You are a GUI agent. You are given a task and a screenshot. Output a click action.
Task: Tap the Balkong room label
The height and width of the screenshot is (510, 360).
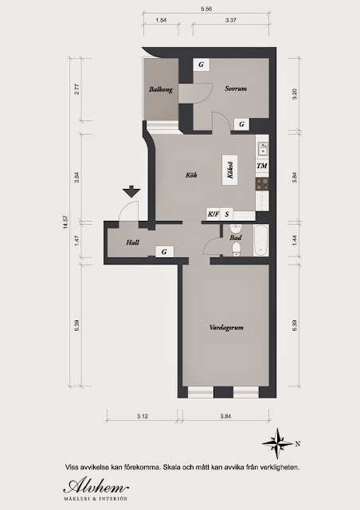pyautogui.click(x=160, y=90)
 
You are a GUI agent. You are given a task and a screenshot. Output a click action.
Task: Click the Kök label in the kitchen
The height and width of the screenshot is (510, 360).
pyautogui.click(x=190, y=175)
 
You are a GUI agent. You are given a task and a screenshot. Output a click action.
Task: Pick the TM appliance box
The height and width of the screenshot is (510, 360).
pyautogui.click(x=261, y=166)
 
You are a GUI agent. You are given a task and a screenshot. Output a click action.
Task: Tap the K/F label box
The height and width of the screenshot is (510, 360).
pyautogui.click(x=213, y=214)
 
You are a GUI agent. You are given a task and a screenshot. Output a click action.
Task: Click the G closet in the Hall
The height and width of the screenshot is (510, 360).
pyautogui.click(x=163, y=252)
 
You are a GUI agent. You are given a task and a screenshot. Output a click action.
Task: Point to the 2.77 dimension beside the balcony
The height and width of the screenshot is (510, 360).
pyautogui.click(x=77, y=90)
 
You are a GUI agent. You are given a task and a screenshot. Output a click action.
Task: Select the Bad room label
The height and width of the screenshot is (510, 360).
pyautogui.click(x=235, y=237)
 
